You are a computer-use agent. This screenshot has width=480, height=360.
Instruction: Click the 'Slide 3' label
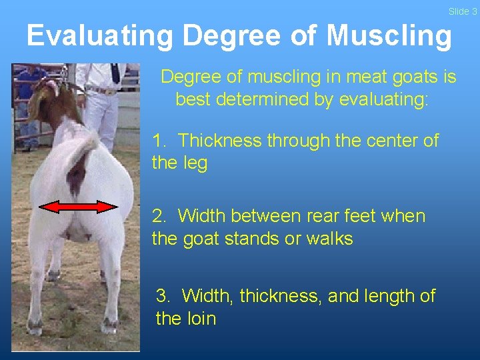coord(463,11)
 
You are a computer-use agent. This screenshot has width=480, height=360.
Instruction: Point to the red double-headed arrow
coord(79,207)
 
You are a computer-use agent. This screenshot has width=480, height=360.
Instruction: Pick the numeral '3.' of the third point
coord(164,295)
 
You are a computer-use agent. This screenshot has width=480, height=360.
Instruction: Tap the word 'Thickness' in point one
coord(219,141)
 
